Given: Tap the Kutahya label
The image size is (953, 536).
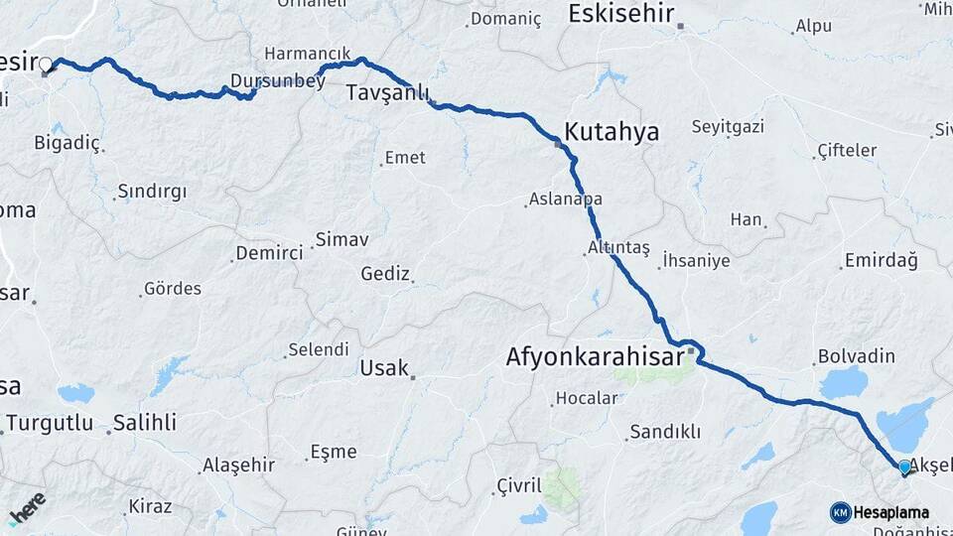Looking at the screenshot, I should (x=611, y=131).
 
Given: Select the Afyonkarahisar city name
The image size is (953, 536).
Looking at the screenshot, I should (x=595, y=355).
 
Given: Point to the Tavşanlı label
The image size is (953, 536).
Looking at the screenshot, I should (x=387, y=93).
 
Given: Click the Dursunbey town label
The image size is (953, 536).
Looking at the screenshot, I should (x=277, y=81).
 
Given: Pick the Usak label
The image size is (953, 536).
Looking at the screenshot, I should (x=384, y=368).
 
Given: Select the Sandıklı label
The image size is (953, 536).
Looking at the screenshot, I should (x=664, y=432).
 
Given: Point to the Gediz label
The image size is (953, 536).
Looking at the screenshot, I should (x=385, y=273).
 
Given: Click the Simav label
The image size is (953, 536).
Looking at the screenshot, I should (x=341, y=239).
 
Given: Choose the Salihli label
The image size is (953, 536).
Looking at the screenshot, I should (x=144, y=423).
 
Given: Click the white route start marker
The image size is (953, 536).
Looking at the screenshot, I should (x=46, y=65).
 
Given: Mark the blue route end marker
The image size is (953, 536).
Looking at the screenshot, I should (x=904, y=466).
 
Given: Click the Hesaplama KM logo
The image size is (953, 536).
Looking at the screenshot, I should (x=880, y=512).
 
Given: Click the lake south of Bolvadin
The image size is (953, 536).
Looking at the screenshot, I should (x=843, y=382).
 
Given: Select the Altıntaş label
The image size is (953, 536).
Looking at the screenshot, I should (x=618, y=247).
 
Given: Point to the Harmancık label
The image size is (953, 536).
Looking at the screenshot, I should (x=308, y=53).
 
